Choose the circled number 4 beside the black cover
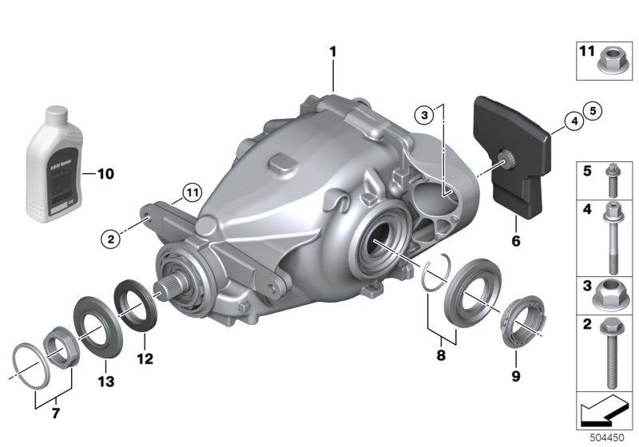tap(573, 121)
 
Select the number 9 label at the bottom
tap(515, 375)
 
